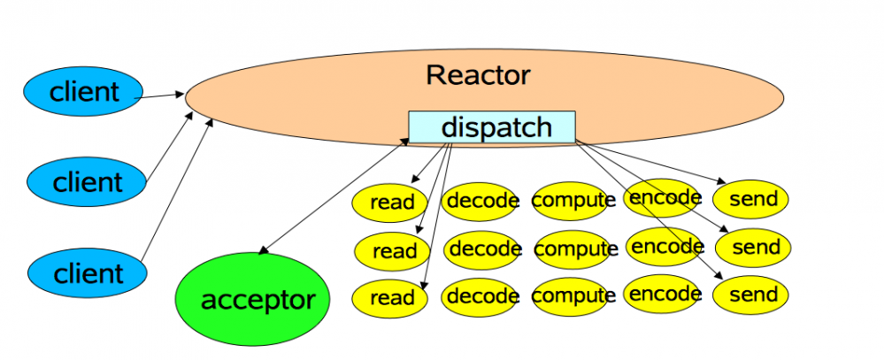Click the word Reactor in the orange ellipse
tap(478, 75)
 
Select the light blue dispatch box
tap(492, 126)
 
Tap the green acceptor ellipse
tap(252, 299)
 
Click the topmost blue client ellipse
tap(83, 91)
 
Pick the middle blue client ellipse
tap(86, 182)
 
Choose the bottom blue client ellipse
tap(88, 273)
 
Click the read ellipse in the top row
tap(389, 203)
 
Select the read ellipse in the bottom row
tap(389, 298)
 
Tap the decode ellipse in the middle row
tap(482, 250)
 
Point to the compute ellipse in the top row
tap(571, 201)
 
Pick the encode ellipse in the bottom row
tap(663, 294)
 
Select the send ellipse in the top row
tap(750, 199)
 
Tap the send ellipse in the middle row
tap(753, 248)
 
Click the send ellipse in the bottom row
tap(750, 295)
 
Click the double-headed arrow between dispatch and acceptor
tap(334, 196)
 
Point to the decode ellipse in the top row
tap(480, 202)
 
